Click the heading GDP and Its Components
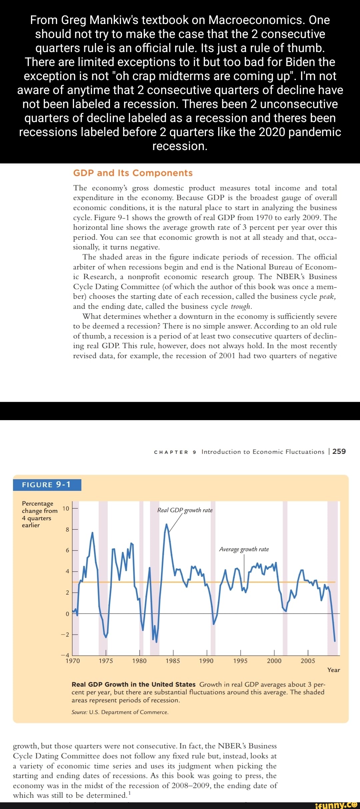point(133,173)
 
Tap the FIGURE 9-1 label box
point(47,485)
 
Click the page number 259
point(339,451)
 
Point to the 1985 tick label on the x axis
point(173,661)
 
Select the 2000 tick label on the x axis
point(274,661)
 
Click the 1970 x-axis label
point(73,661)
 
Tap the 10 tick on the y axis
point(66,509)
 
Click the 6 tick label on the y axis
point(67,550)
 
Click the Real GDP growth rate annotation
point(185,510)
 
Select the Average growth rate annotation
point(244,549)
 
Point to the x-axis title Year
point(333,670)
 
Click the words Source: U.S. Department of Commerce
point(120,712)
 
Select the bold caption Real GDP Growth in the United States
point(133,684)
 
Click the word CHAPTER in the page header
point(171,452)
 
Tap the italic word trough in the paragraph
point(241,306)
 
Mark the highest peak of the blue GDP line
point(166,524)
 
